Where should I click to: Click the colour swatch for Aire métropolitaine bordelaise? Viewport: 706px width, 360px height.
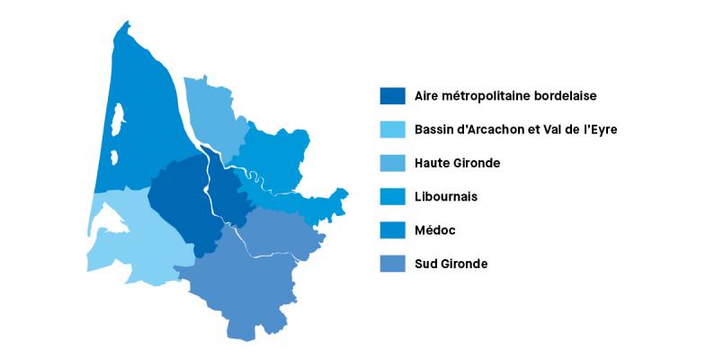(x=392, y=95)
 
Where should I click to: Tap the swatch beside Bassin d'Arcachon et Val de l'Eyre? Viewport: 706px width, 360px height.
(x=392, y=130)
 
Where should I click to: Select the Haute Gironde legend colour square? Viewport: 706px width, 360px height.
(x=392, y=163)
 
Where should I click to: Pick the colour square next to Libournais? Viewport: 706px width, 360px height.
(x=392, y=196)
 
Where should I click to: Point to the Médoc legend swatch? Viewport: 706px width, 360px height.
(x=392, y=230)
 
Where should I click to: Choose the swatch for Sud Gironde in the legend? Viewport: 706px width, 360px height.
(x=392, y=264)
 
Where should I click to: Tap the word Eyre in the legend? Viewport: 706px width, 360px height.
(x=603, y=130)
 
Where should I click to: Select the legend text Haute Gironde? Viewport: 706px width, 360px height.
(x=457, y=163)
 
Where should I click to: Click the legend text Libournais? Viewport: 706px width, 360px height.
(x=446, y=196)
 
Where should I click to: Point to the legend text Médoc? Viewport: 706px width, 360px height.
(x=435, y=230)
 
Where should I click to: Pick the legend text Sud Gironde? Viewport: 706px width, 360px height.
(x=451, y=264)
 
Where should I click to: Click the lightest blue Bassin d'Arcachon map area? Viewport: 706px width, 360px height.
(x=135, y=238)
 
